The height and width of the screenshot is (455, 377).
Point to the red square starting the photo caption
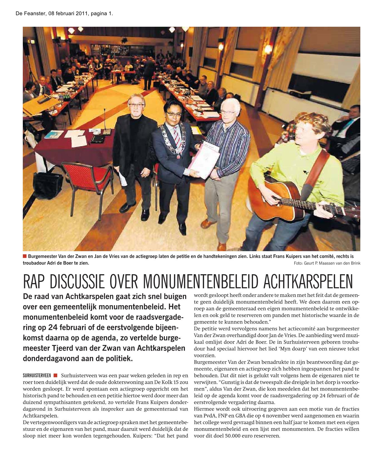click(x=25, y=256)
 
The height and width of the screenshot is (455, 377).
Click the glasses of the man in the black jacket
click(x=136, y=105)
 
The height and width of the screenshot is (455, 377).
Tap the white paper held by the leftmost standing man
click(x=123, y=179)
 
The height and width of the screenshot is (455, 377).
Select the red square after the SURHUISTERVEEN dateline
click(x=56, y=375)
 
